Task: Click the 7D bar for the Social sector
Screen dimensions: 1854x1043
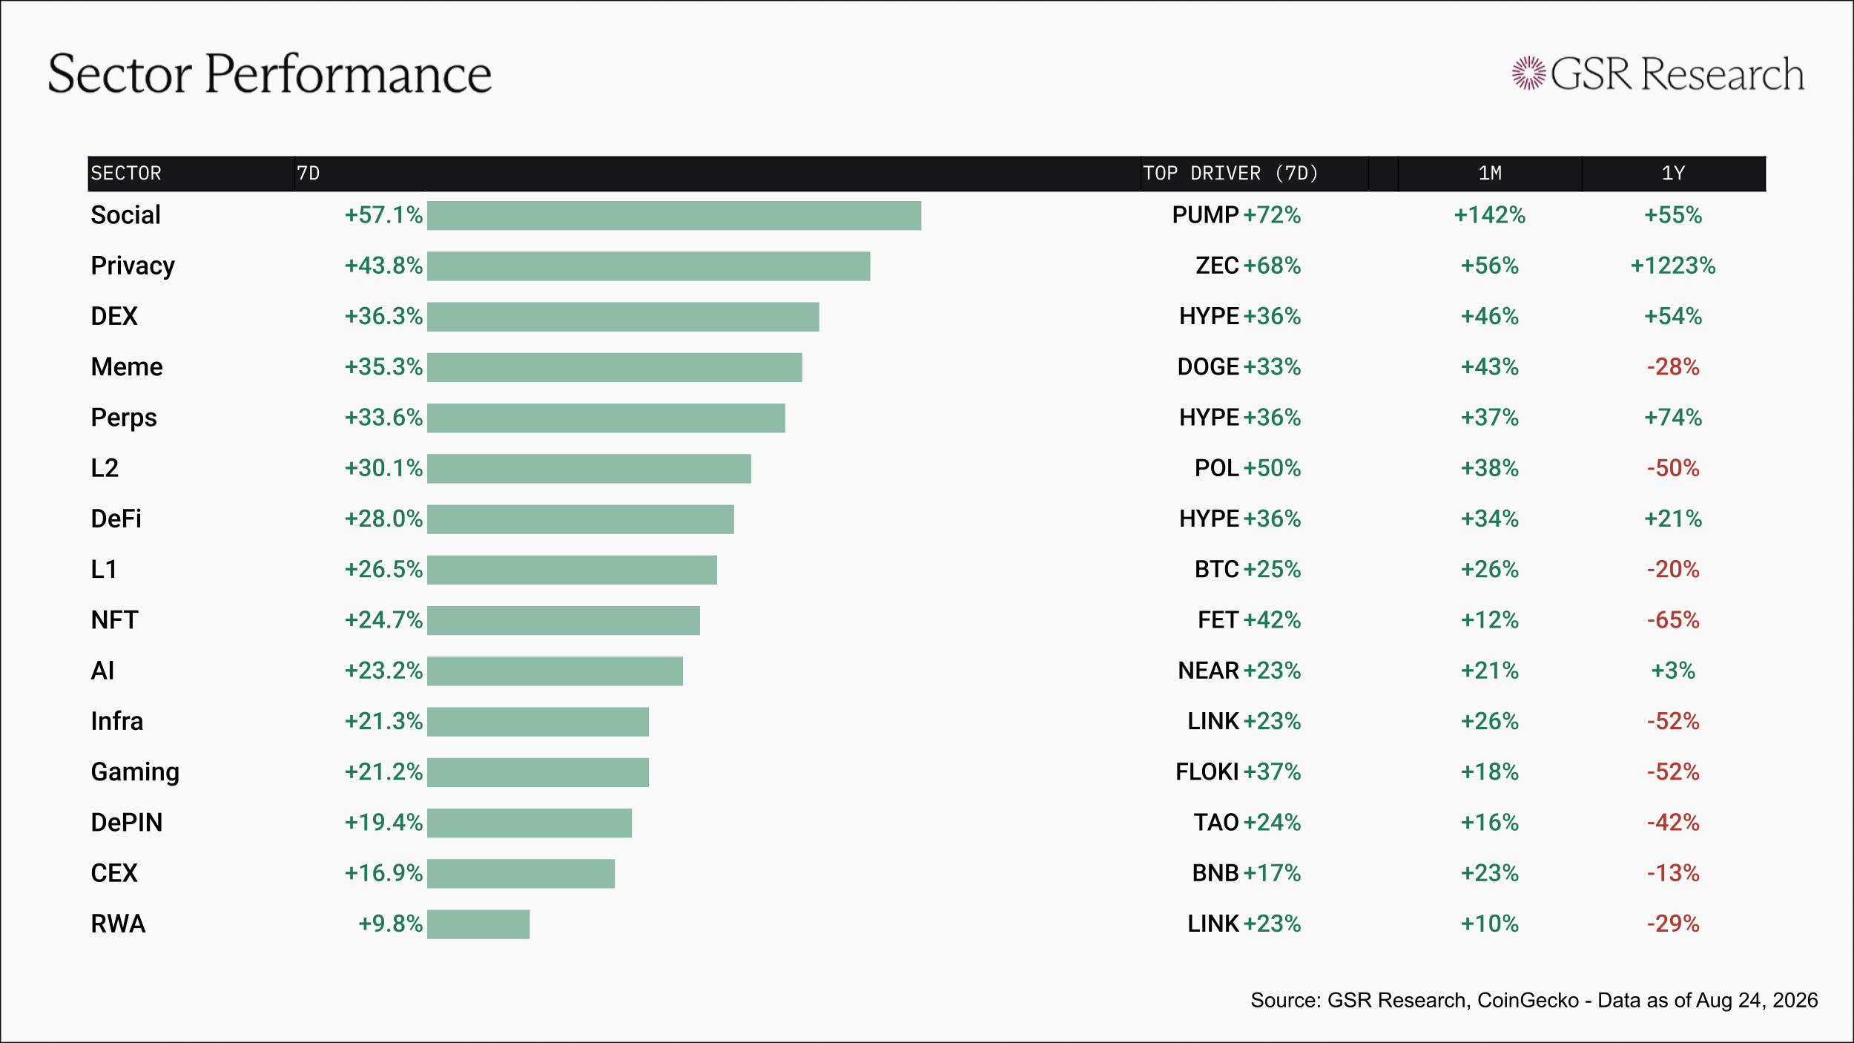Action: tap(674, 216)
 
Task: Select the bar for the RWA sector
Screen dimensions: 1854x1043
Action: tap(478, 924)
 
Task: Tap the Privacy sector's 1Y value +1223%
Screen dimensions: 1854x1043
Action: tap(1673, 266)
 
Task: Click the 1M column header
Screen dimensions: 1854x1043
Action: tap(1490, 174)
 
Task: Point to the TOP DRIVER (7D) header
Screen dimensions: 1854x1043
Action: tap(1230, 174)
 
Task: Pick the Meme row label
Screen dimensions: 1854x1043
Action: tap(127, 367)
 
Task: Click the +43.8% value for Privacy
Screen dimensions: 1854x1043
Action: tap(383, 266)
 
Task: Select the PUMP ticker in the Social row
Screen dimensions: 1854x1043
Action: tap(1205, 215)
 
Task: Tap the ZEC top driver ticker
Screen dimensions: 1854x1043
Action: tap(1217, 266)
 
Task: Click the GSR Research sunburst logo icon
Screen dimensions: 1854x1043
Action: tap(1529, 73)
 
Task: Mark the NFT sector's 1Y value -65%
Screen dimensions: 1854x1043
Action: tap(1673, 620)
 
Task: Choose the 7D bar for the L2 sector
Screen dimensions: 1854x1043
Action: tap(589, 469)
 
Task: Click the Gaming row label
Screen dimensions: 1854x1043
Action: tap(135, 772)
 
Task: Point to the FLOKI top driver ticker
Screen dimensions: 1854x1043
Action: tap(1207, 772)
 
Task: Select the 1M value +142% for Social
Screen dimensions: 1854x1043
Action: tap(1490, 215)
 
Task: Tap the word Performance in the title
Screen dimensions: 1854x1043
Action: tap(348, 74)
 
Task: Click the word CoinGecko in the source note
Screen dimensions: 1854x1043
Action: tap(1528, 1001)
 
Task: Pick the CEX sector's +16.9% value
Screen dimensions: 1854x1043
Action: tap(383, 873)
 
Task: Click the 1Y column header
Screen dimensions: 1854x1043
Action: tap(1673, 174)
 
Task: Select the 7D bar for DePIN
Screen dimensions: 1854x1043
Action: tap(530, 823)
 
